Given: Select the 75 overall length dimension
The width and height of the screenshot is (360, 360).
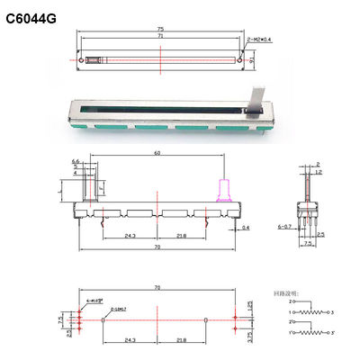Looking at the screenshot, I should [x=159, y=30].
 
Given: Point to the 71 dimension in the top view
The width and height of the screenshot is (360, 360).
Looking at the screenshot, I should [x=159, y=38].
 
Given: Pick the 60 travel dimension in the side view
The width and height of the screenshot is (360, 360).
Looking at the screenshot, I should [x=158, y=154].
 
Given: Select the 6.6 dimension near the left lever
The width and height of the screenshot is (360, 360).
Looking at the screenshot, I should [x=76, y=163].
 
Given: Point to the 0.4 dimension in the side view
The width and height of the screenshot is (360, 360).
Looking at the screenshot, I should [x=247, y=229].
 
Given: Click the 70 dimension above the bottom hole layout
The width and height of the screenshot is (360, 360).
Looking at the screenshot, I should [x=158, y=287].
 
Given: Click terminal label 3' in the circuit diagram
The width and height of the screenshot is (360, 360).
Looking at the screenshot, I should [x=336, y=333].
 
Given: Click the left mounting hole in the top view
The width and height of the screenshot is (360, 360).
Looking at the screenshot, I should [x=84, y=60].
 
